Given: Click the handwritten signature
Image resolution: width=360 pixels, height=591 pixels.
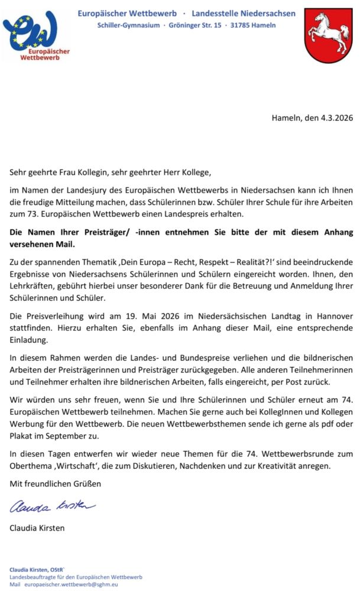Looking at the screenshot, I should [x=52, y=506].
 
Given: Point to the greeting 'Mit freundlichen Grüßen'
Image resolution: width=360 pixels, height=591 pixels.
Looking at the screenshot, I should [x=55, y=483].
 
